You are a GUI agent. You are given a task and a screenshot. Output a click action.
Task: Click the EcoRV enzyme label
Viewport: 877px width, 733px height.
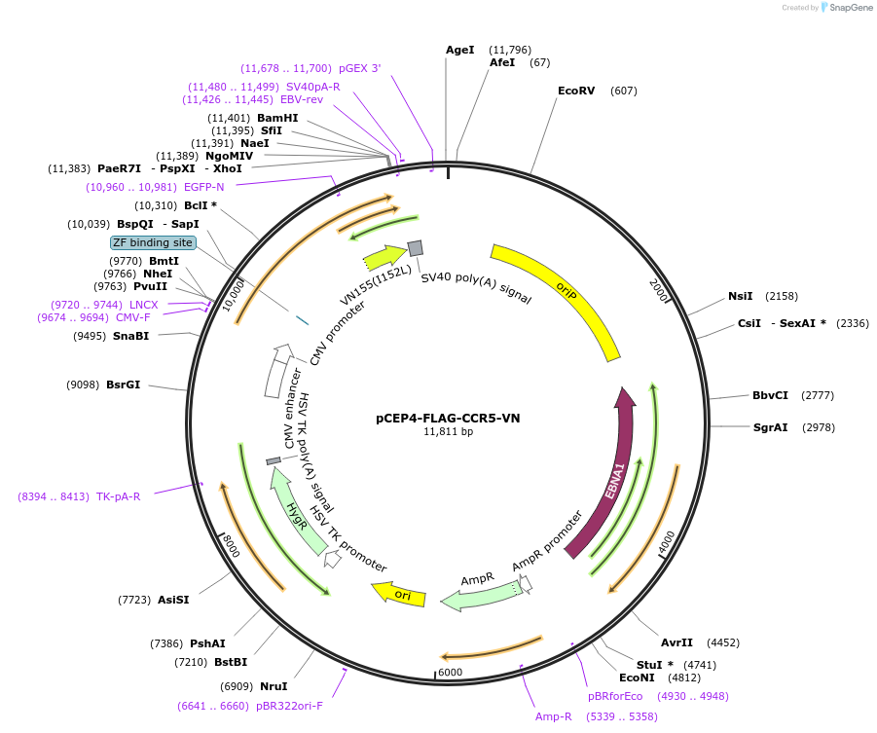[575, 91]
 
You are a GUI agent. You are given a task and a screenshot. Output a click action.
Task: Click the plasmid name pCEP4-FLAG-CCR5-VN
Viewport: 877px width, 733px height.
[448, 418]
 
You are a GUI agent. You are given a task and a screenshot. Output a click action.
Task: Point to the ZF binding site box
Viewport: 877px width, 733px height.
[153, 242]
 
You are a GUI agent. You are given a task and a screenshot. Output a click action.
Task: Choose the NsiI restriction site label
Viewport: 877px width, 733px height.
[740, 296]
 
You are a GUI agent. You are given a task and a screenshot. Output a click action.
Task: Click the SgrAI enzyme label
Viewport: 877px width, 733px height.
[770, 427]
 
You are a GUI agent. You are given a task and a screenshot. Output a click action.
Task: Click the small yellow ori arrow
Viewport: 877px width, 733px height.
[399, 593]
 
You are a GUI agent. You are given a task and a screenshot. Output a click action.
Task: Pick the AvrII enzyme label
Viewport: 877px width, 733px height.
[676, 642]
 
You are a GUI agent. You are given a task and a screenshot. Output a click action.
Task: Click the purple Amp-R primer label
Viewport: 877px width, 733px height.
[554, 716]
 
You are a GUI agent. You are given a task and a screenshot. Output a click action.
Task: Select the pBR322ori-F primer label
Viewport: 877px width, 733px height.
[290, 706]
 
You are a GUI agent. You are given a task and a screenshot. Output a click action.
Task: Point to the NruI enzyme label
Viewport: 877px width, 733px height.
[274, 686]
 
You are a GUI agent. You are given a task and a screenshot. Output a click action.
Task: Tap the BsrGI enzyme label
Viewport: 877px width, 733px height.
[123, 385]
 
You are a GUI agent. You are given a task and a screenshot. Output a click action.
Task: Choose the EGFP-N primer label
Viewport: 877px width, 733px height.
[204, 187]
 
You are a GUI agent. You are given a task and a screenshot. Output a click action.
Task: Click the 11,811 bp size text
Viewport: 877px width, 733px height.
[448, 431]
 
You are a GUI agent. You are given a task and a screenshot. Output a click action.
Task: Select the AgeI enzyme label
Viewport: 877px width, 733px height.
[459, 50]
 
